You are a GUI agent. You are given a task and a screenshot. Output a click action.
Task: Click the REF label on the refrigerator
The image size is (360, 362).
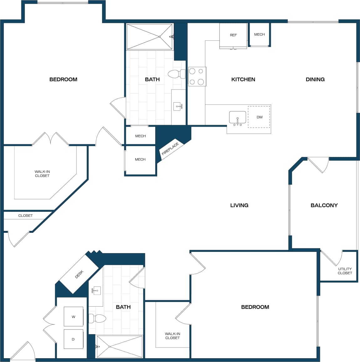(x=233, y=35)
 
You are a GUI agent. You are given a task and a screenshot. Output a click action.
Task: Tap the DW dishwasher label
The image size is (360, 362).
(x=260, y=117)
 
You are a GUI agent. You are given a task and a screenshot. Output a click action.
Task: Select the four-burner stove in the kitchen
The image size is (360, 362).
(x=197, y=76)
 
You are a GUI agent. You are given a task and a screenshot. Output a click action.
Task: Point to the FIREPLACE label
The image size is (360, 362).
(x=170, y=149)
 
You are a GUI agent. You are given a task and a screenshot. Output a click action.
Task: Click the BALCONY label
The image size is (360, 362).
(x=324, y=205)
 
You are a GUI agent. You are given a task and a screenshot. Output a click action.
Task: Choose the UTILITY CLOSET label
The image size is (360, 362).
(x=345, y=271)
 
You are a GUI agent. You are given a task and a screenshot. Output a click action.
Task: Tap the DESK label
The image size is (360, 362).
(x=79, y=274)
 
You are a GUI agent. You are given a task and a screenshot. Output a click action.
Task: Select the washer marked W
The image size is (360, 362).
(x=74, y=317)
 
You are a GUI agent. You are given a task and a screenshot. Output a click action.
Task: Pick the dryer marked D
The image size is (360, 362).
(x=73, y=339)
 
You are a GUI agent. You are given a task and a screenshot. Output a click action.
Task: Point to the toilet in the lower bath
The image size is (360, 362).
(x=97, y=319)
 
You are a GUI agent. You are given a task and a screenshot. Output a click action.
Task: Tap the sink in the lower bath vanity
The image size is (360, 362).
(x=96, y=291)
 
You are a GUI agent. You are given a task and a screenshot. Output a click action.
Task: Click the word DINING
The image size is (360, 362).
(x=315, y=79)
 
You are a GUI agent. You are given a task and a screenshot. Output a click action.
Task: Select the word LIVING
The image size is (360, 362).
(x=239, y=205)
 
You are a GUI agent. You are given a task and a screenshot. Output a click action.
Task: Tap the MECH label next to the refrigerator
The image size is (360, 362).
(x=259, y=34)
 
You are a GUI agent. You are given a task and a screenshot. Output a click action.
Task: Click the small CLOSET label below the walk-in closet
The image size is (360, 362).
(x=25, y=216)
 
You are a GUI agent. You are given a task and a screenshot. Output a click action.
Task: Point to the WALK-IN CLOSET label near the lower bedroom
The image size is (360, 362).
(x=172, y=336)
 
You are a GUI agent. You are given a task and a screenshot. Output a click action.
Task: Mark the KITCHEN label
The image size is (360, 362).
(x=243, y=79)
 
